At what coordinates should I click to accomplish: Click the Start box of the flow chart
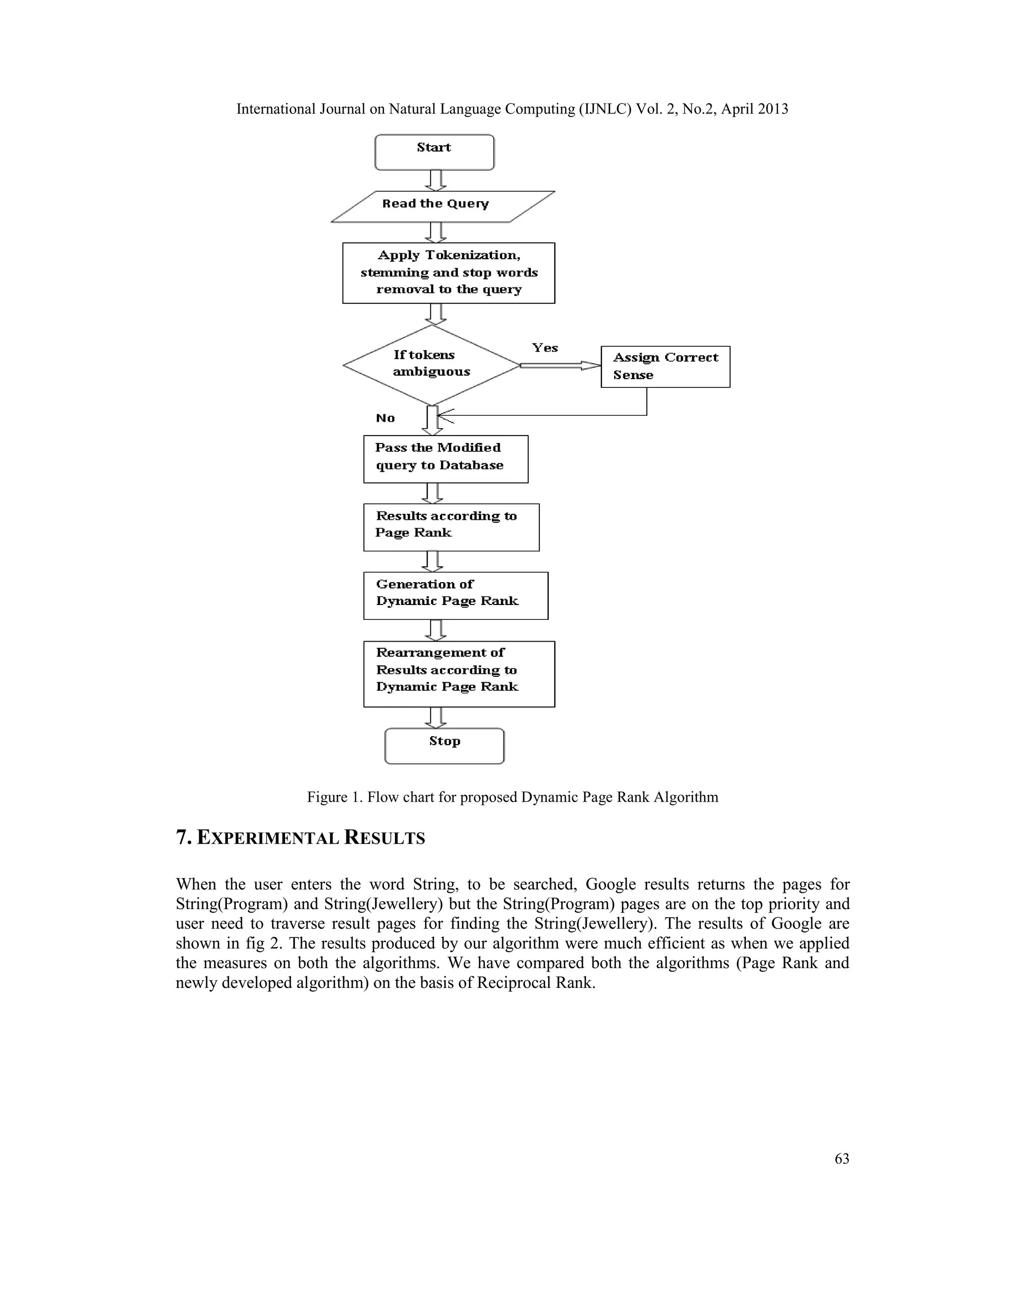click(434, 152)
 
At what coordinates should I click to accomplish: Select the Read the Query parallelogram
click(442, 207)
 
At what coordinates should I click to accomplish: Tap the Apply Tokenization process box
click(449, 273)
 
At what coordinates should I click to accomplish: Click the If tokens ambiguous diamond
click(431, 365)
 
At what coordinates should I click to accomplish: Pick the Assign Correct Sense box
click(665, 367)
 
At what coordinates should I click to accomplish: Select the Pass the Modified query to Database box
click(446, 459)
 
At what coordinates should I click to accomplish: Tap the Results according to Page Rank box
click(451, 527)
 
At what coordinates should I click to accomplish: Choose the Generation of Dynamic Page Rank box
click(455, 595)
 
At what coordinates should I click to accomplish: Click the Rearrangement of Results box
click(459, 673)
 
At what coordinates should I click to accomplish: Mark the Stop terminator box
click(445, 746)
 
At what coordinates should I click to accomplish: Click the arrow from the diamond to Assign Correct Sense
click(559, 366)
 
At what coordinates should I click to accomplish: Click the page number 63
click(842, 1158)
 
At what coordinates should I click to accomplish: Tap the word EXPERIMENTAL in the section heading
click(268, 838)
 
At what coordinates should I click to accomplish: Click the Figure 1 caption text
click(512, 797)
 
